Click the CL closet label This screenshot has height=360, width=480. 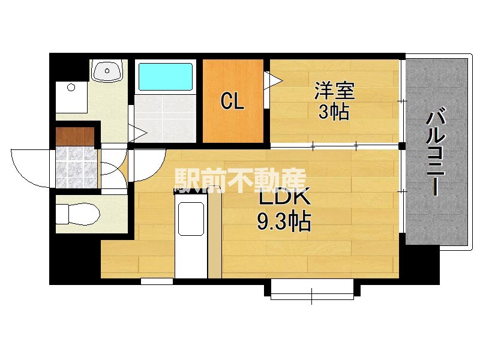(x=232, y=101)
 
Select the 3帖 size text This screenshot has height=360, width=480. (x=334, y=112)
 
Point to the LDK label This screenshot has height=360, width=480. (x=284, y=198)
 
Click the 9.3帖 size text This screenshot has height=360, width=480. (x=284, y=220)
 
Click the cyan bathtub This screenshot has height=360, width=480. (x=166, y=77)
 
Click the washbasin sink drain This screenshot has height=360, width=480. (x=107, y=71)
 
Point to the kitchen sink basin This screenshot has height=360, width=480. (x=191, y=218)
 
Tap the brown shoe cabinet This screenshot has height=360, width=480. (x=75, y=136)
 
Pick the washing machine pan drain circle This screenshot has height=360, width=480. (x=71, y=88)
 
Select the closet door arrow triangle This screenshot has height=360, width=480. (x=273, y=81)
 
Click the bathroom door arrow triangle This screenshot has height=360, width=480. (x=138, y=133)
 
